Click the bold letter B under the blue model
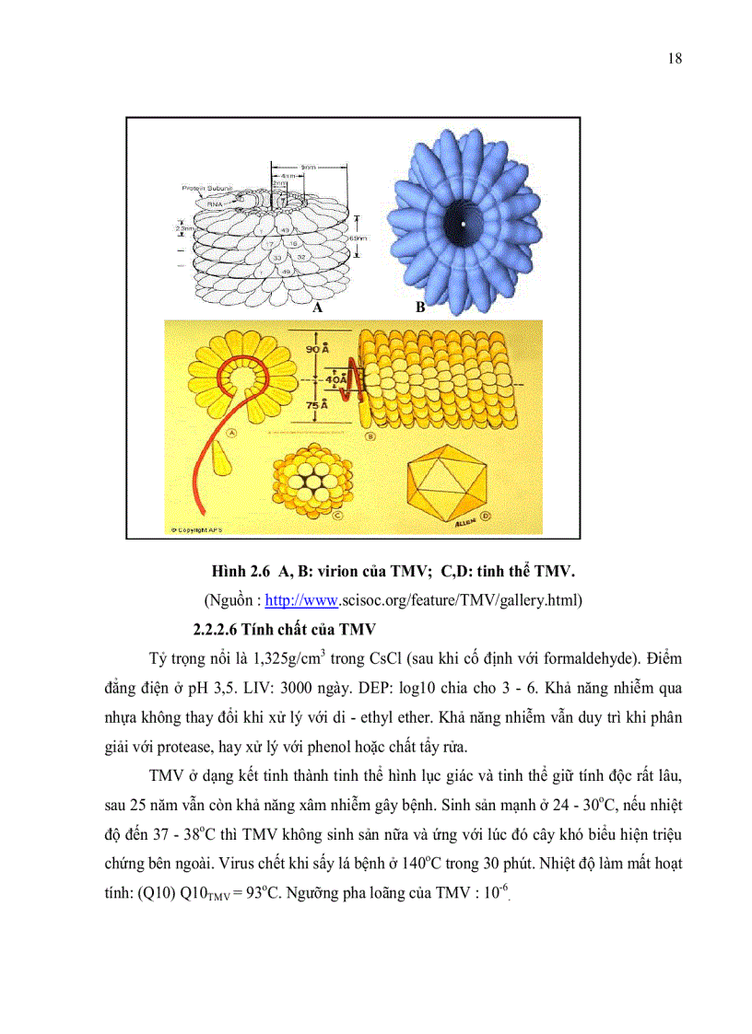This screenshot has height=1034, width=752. pyautogui.click(x=419, y=308)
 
